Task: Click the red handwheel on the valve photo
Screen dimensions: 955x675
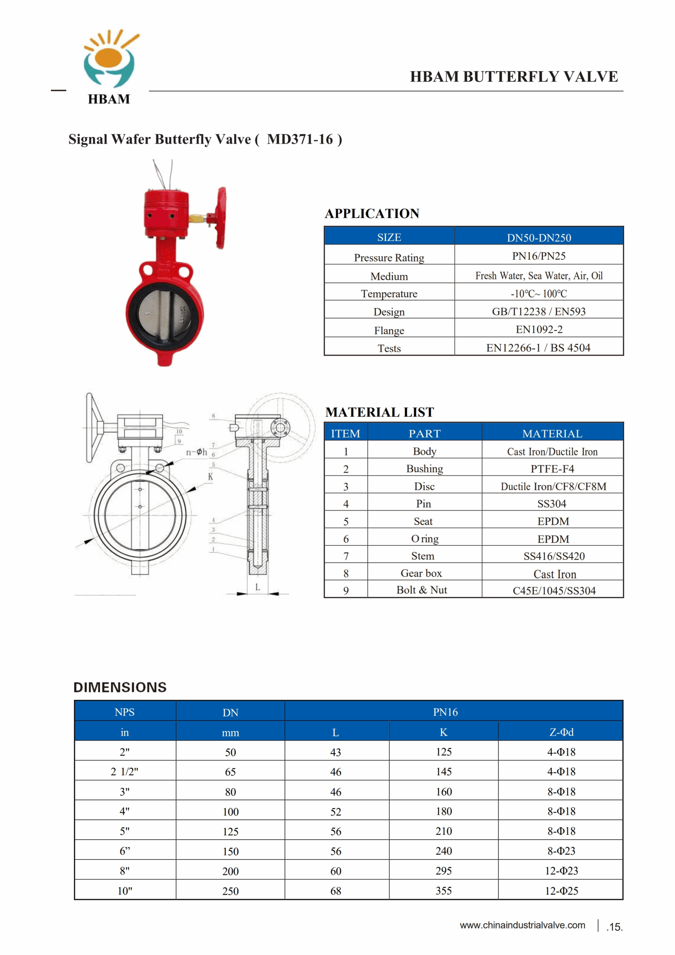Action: click(x=221, y=218)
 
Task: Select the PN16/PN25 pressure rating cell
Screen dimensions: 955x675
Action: click(x=539, y=256)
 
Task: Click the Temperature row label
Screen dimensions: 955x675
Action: click(x=389, y=294)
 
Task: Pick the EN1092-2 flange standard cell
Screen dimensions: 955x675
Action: click(x=539, y=329)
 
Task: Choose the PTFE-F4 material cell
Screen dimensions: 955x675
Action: click(x=552, y=469)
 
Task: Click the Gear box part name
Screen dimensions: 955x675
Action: click(x=421, y=573)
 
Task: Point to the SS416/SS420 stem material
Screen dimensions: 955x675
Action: click(x=553, y=556)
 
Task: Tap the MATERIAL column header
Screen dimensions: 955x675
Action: click(x=552, y=433)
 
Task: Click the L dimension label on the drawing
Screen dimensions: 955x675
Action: click(x=258, y=587)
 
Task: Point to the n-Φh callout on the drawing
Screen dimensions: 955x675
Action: click(x=196, y=452)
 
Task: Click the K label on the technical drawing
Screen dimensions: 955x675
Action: click(x=211, y=477)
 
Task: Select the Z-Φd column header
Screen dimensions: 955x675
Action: click(x=561, y=732)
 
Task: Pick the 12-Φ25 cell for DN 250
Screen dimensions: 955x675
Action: click(x=561, y=890)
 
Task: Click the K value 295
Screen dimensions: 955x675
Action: click(x=444, y=871)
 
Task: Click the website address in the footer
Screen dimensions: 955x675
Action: click(x=522, y=925)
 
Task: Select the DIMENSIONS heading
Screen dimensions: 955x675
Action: click(x=120, y=687)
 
